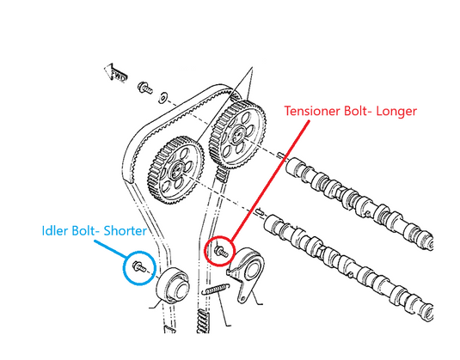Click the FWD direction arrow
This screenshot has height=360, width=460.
point(115,73)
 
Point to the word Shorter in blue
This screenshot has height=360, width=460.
point(126,231)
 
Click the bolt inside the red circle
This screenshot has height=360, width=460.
point(221,251)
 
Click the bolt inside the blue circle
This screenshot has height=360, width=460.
point(139,266)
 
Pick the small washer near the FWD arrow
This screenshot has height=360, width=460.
point(163,97)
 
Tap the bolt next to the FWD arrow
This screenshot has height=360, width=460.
point(145,88)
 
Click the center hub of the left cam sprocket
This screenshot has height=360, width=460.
point(177,169)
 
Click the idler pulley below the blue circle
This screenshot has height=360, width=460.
point(172,284)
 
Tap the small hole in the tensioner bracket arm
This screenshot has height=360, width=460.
point(243,299)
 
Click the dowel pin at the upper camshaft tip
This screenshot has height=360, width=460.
point(282,155)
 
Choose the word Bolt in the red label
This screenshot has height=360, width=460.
point(357,111)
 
